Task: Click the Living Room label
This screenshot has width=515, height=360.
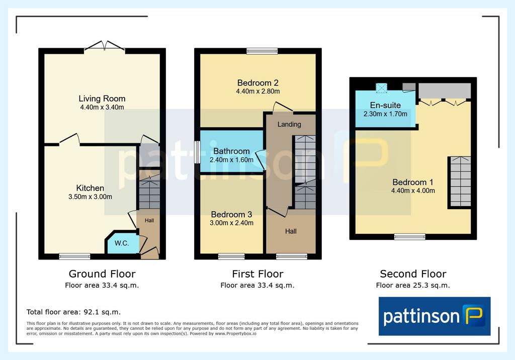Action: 102,99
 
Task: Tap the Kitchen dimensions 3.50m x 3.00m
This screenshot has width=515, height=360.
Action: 90,197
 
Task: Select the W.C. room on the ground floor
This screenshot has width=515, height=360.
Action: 122,243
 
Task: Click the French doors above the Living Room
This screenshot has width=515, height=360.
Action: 105,46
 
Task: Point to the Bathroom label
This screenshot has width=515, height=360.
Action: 231,151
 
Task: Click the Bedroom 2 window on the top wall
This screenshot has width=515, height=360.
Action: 262,51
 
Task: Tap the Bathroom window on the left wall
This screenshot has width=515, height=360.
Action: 197,152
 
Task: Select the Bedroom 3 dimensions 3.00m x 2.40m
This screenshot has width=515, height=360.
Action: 231,223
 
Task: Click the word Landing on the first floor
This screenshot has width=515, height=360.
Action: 289,124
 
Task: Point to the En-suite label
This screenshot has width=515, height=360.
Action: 385,105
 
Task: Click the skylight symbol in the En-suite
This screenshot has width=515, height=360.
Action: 381,88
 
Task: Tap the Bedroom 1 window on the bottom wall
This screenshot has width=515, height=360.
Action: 409,236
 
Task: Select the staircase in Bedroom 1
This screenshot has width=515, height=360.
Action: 460,182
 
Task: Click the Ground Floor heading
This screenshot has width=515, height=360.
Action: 102,274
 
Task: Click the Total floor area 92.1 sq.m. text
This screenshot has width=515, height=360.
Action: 73,312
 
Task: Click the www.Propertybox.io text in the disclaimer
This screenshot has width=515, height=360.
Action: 235,333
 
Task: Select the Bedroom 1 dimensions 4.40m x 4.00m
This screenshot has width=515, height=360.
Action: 413,191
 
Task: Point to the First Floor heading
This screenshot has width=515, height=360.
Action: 257,274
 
